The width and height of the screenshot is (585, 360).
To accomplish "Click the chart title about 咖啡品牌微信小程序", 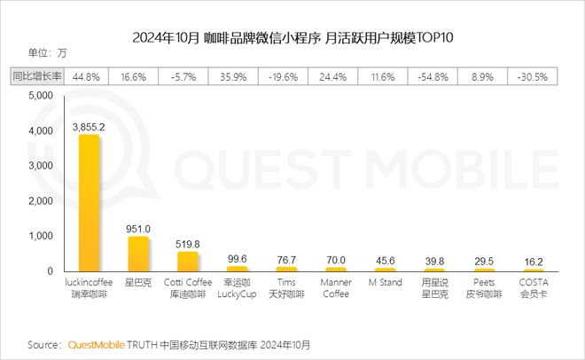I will (292, 37).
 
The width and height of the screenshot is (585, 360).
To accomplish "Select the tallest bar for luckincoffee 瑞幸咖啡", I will (90, 203).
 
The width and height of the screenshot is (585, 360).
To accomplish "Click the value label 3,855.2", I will (90, 127).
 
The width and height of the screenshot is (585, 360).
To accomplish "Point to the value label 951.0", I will (138, 229).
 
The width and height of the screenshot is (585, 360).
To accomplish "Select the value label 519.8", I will (187, 244).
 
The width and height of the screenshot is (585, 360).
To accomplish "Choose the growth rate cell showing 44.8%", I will (90, 76).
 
